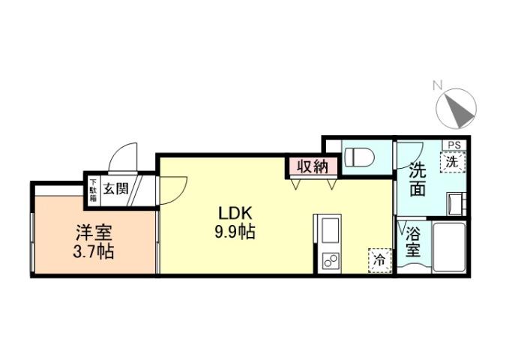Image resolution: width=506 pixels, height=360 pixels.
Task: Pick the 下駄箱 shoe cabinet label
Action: point(94,187)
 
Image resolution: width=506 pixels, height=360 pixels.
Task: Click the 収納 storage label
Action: point(310,166)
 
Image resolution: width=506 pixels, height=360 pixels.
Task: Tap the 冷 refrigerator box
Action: point(379,259)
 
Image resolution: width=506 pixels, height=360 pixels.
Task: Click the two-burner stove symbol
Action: point(328,262)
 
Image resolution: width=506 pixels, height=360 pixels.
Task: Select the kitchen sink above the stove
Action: point(329,230)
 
